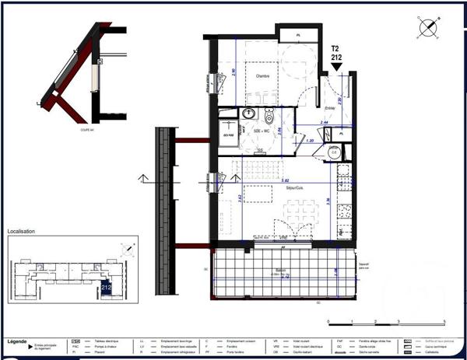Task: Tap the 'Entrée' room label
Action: tap(330, 108)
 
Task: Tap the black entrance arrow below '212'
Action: tap(337, 68)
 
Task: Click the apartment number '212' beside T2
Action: tap(337, 57)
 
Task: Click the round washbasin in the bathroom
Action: tap(249, 114)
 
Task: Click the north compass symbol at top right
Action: tap(427, 27)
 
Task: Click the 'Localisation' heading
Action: tap(23, 232)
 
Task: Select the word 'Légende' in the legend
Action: tap(16, 341)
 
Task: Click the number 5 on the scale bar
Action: tap(444, 321)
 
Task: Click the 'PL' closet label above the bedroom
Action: tap(299, 35)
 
